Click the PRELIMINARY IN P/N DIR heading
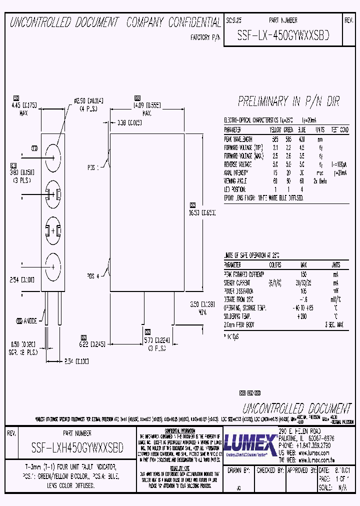click(x=288, y=102)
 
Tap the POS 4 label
click(x=93, y=275)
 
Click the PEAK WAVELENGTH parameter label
click(x=238, y=139)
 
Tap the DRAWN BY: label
click(x=238, y=470)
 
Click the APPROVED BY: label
click(x=300, y=470)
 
